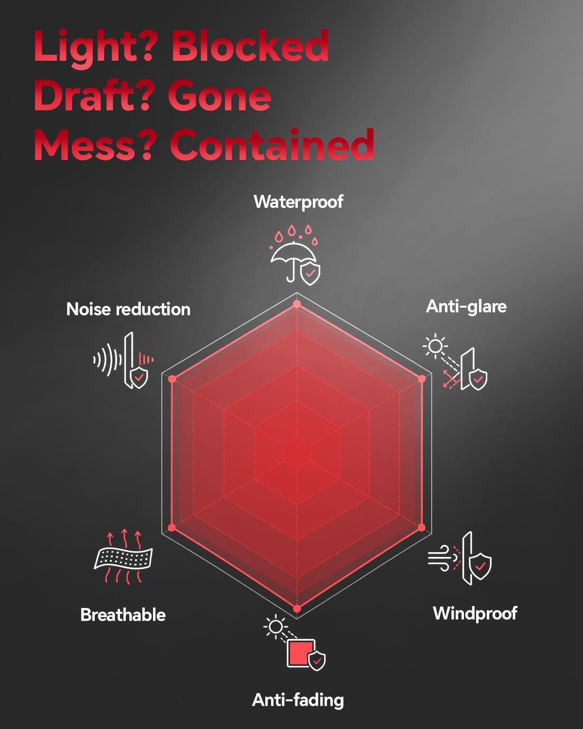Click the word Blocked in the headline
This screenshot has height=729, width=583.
click(x=250, y=46)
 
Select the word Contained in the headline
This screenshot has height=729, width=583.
click(x=272, y=144)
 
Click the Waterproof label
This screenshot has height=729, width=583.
click(x=298, y=202)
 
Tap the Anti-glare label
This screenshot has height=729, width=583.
click(x=466, y=307)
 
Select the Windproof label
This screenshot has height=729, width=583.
click(x=475, y=613)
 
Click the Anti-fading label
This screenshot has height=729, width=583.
click(x=298, y=700)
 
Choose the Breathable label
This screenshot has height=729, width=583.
click(x=123, y=615)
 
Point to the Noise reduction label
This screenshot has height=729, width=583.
click(x=128, y=309)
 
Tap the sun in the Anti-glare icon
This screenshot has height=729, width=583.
click(x=435, y=346)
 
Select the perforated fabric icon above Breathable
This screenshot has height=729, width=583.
click(x=123, y=558)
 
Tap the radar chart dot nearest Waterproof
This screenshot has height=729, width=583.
click(x=297, y=304)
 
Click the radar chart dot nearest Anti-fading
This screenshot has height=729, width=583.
click(x=297, y=609)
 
